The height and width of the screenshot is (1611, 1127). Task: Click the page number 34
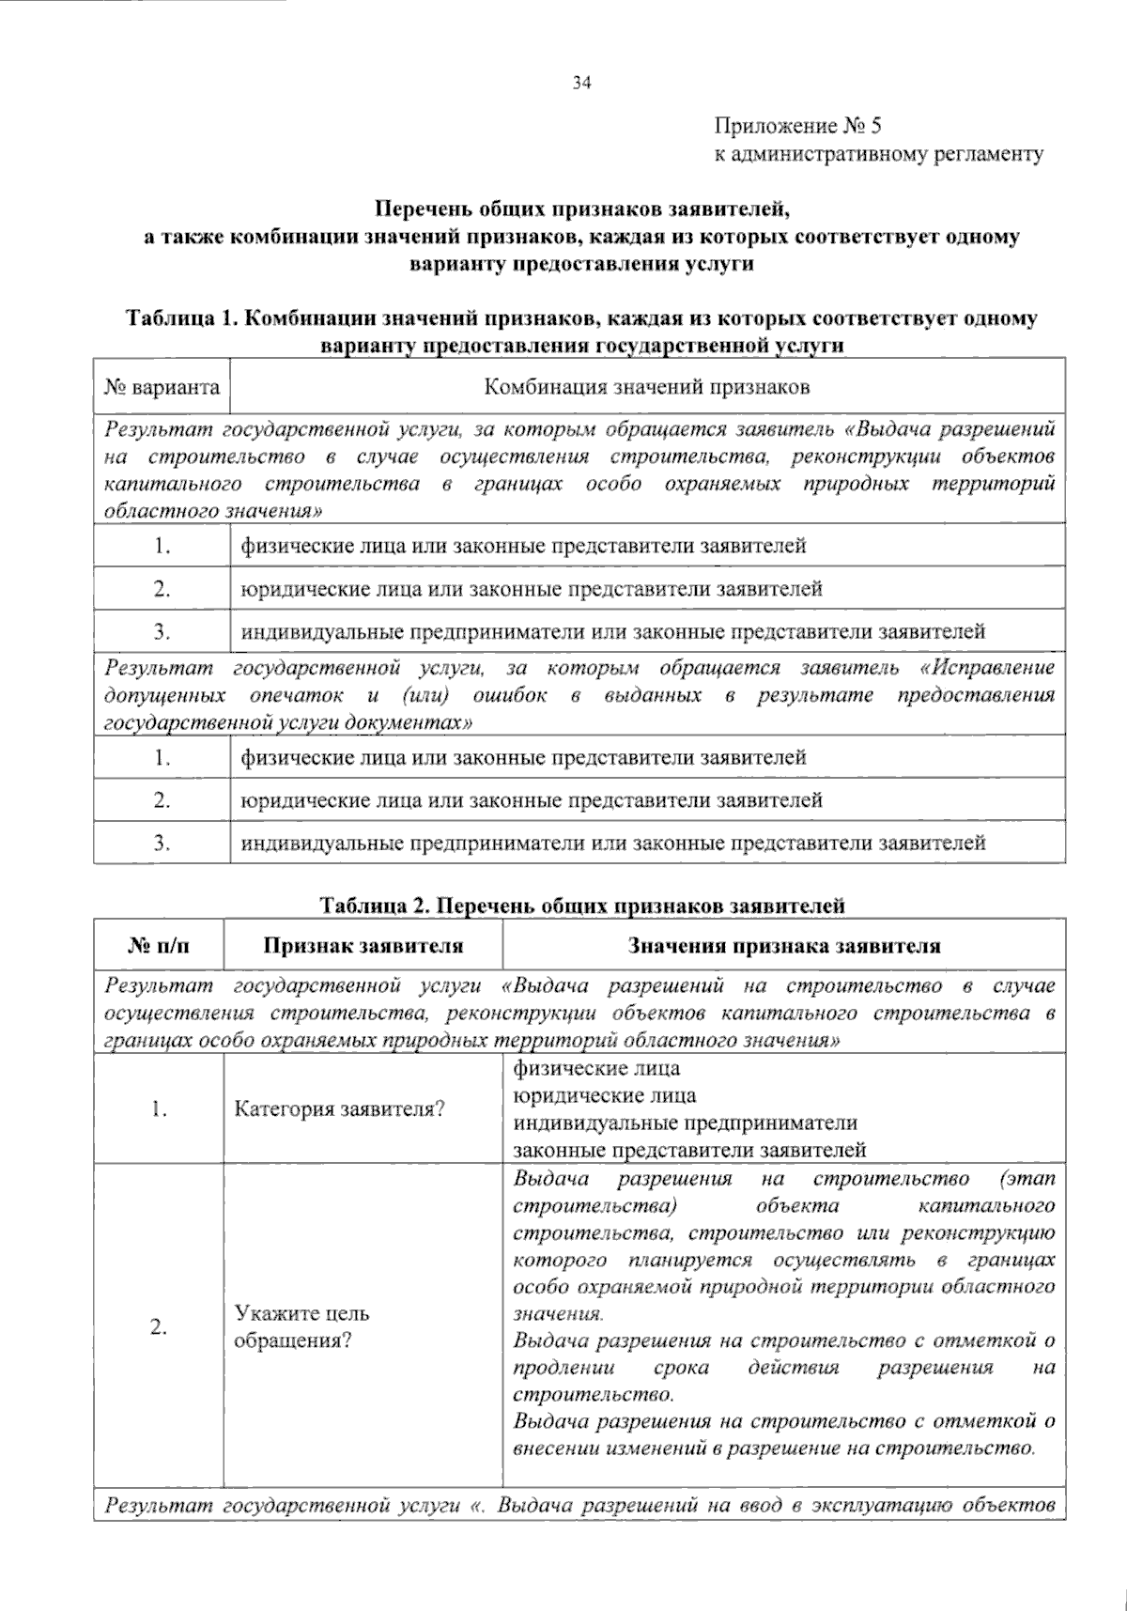[581, 84]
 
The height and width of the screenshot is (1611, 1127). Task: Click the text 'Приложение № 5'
[797, 126]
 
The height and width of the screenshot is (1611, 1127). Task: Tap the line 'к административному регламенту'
[878, 153]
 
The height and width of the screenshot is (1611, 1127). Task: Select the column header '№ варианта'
[162, 387]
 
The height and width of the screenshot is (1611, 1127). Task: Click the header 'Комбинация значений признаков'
[646, 387]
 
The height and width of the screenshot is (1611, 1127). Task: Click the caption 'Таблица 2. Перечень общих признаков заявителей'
[581, 906]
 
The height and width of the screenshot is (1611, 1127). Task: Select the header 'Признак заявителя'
[363, 946]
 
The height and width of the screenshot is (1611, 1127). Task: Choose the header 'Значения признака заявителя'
[783, 946]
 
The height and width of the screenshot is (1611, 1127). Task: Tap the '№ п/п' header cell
[158, 946]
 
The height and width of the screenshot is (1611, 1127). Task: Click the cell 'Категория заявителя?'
[339, 1108]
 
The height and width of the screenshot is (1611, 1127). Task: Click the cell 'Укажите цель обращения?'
[301, 1326]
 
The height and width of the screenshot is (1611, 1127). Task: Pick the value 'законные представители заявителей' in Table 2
[688, 1150]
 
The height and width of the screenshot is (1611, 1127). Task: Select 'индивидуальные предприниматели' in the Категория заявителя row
[685, 1123]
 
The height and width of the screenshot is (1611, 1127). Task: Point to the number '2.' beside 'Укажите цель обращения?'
[158, 1326]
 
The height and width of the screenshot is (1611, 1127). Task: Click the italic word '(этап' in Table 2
[1027, 1178]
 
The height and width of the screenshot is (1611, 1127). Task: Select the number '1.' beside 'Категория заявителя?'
[158, 1108]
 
